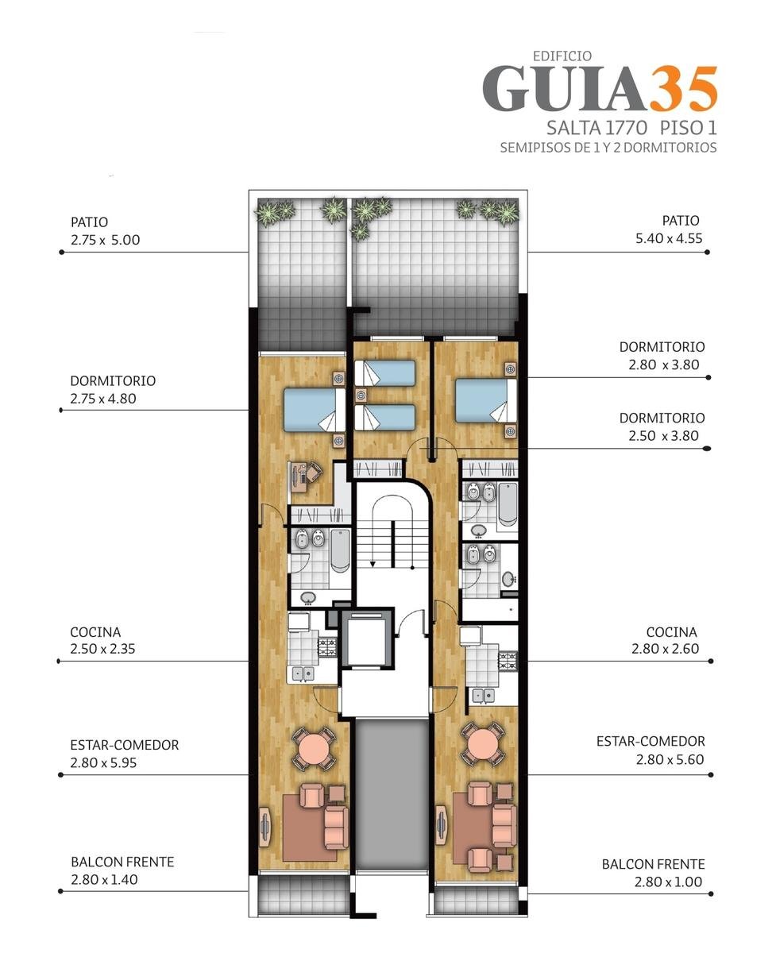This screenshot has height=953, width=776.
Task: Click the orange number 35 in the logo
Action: pyautogui.click(x=684, y=89)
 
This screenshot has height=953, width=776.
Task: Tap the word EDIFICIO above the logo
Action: pyautogui.click(x=562, y=56)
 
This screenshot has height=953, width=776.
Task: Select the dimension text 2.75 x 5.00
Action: pyautogui.click(x=105, y=240)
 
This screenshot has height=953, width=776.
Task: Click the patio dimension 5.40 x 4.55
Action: pyautogui.click(x=669, y=238)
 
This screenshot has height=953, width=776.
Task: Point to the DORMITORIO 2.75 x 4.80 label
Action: pyautogui.click(x=113, y=390)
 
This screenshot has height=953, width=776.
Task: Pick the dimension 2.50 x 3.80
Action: pyautogui.click(x=664, y=436)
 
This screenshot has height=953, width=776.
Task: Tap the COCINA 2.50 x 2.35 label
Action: pyautogui.click(x=102, y=640)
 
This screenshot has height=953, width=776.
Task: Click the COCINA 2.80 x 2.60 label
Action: pyautogui.click(x=665, y=640)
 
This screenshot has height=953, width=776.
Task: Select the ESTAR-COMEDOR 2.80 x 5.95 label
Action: pyautogui.click(x=125, y=754)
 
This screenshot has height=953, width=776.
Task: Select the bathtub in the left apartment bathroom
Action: pyautogui.click(x=340, y=551)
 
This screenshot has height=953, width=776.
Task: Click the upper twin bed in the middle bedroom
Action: pyautogui.click(x=385, y=373)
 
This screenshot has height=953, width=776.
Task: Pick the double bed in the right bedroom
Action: pyautogui.click(x=486, y=400)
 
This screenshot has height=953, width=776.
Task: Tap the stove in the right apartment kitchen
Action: pyautogui.click(x=508, y=662)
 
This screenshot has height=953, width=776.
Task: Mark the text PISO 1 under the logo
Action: pyautogui.click(x=689, y=129)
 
